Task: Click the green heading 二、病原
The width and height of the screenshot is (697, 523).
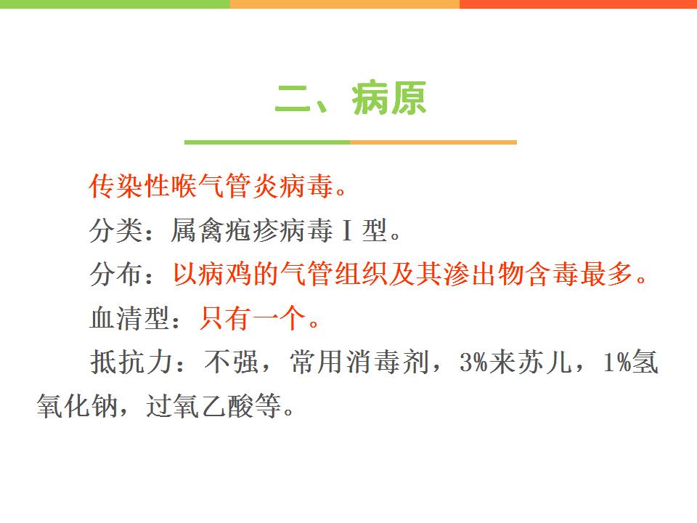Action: pyautogui.click(x=351, y=98)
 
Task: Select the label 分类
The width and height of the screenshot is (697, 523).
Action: pyautogui.click(x=115, y=230)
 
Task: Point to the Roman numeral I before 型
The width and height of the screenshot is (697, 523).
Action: pyautogui.click(x=348, y=230)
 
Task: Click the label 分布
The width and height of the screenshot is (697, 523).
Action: pyautogui.click(x=115, y=274)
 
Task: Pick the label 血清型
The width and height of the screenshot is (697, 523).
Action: pyautogui.click(x=129, y=318)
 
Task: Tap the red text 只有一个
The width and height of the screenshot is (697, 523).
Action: pyautogui.click(x=253, y=318)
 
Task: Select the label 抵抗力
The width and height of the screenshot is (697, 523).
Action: pyautogui.click(x=131, y=362)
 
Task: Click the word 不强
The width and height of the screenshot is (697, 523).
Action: pyautogui.click(x=231, y=362)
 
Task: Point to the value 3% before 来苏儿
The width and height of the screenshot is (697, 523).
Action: pyautogui.click(x=474, y=362)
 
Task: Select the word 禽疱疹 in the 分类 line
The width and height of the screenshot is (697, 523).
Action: pyautogui.click(x=238, y=230)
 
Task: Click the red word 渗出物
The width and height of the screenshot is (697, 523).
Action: pyautogui.click(x=484, y=274)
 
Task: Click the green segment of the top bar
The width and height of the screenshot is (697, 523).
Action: pyautogui.click(x=115, y=4)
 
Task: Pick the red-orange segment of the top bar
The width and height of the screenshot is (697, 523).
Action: pyautogui.click(x=579, y=4)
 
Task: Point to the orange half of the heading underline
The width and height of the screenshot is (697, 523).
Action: pyautogui.click(x=433, y=142)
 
